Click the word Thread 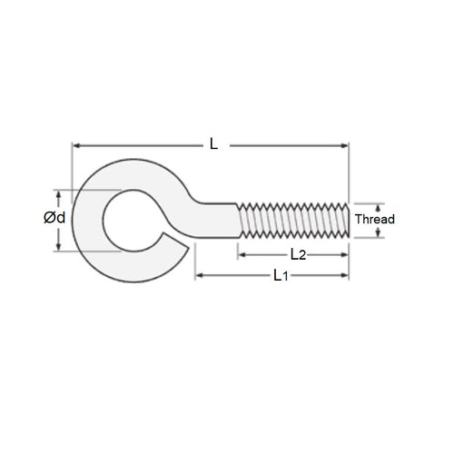374,220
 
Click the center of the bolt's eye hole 134,221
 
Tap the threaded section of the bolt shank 292,221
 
